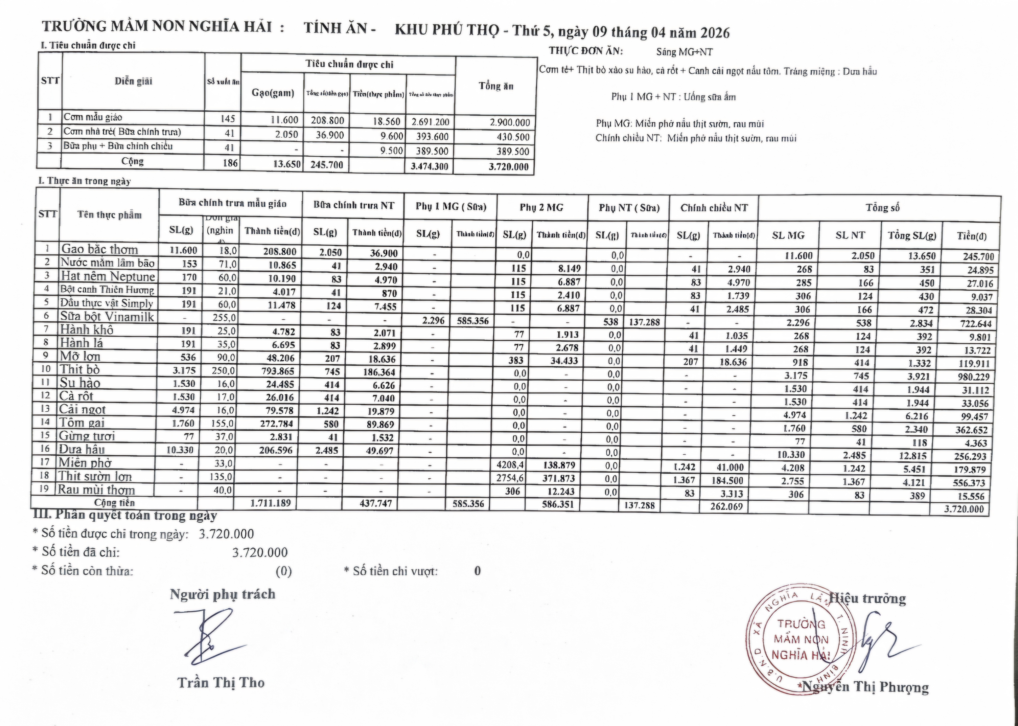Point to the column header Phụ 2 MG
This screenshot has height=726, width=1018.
tap(541, 207)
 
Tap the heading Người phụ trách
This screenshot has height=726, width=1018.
tap(222, 594)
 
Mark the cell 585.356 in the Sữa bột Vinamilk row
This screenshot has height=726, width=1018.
tap(473, 321)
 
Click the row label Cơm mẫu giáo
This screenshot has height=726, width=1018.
tap(92, 117)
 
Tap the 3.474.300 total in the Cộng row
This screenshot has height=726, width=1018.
tap(429, 167)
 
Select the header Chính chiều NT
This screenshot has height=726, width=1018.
tap(714, 208)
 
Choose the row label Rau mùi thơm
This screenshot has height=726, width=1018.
tap(96, 490)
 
